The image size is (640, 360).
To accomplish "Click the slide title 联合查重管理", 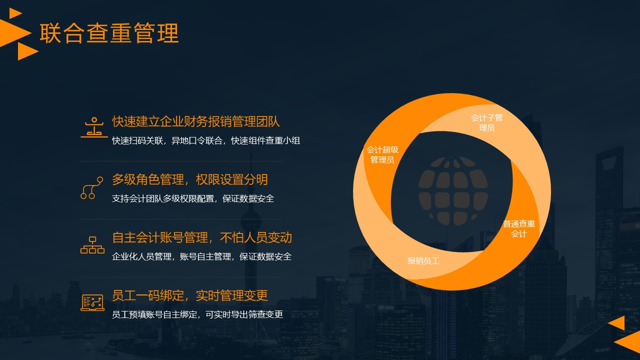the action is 109,33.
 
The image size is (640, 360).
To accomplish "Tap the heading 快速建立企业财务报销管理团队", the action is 195,121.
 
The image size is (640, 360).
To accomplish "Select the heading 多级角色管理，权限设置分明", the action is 189,179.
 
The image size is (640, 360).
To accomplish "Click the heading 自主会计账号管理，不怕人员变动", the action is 202,237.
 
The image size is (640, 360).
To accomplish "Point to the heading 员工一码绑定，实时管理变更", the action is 189,295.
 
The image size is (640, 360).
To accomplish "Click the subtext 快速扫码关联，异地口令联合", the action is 167,140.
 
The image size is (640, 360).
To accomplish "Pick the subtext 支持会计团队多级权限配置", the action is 163,198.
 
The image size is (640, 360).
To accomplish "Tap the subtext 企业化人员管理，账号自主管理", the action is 171,256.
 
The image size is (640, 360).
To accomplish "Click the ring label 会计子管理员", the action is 487,122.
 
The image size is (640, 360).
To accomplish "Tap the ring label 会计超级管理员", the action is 382,154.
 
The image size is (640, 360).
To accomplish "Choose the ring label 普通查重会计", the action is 519,228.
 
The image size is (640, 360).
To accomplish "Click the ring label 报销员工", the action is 423,260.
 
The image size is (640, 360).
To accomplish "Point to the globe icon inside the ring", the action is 453,191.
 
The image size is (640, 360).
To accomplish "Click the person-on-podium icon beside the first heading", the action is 94,127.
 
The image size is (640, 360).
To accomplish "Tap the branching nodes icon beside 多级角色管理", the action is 91,187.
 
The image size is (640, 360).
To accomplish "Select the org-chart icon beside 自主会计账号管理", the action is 92,245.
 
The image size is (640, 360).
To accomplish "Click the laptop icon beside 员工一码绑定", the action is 92,302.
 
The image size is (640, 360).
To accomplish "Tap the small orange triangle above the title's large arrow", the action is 15,13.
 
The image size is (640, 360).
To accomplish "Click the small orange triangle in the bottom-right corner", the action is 617,323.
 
